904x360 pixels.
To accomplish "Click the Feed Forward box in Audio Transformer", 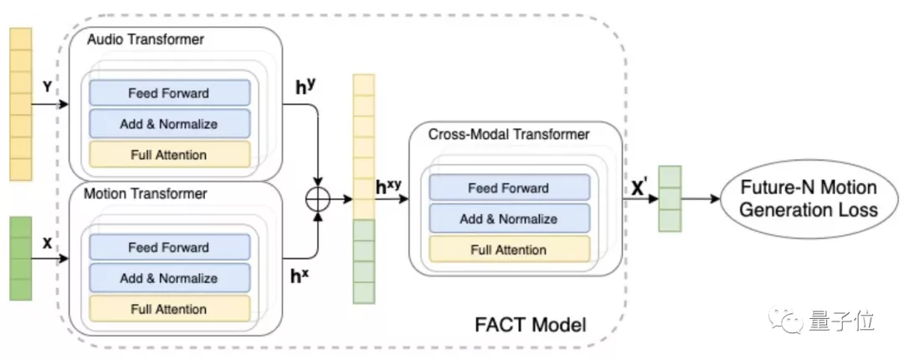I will (x=168, y=93).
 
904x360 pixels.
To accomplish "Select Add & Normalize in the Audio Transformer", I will (x=168, y=124).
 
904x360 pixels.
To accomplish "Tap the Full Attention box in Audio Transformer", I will (x=168, y=154).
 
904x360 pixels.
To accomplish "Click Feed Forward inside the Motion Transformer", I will (x=168, y=248).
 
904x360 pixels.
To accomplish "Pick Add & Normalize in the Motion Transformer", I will (x=168, y=278).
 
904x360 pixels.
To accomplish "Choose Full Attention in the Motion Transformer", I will (x=168, y=309).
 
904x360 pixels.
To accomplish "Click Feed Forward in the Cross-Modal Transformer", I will (x=508, y=188).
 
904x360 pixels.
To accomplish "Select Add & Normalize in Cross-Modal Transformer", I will (x=508, y=219).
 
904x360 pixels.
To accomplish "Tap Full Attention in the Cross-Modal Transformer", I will (x=508, y=249).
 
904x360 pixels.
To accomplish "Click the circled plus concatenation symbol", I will (x=319, y=199).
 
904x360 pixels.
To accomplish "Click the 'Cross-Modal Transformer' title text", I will (x=509, y=134).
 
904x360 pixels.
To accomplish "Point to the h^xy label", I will (x=388, y=188).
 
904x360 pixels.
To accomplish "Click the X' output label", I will (x=642, y=188).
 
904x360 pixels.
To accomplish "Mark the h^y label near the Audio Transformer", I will (x=307, y=86).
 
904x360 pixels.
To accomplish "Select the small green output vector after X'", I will (x=670, y=198).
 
